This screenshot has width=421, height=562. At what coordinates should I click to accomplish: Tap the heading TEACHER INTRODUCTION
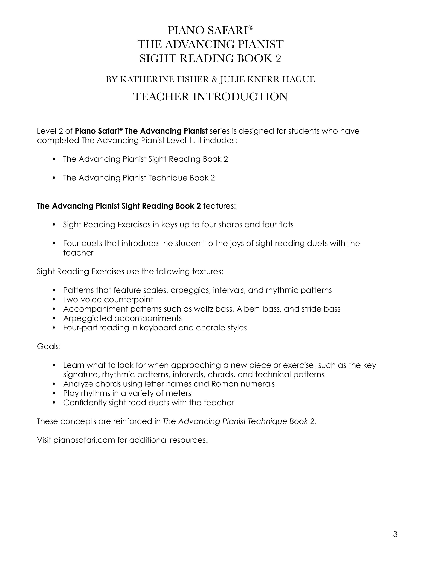pos(210,97)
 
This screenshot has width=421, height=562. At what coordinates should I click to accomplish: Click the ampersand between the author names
pos(214,80)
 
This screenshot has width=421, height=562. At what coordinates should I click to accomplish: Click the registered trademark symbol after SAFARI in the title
pos(251,27)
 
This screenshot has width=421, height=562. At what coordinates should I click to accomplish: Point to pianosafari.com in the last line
pos(84,440)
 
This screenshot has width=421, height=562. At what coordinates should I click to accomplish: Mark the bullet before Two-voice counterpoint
pos(54,300)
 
